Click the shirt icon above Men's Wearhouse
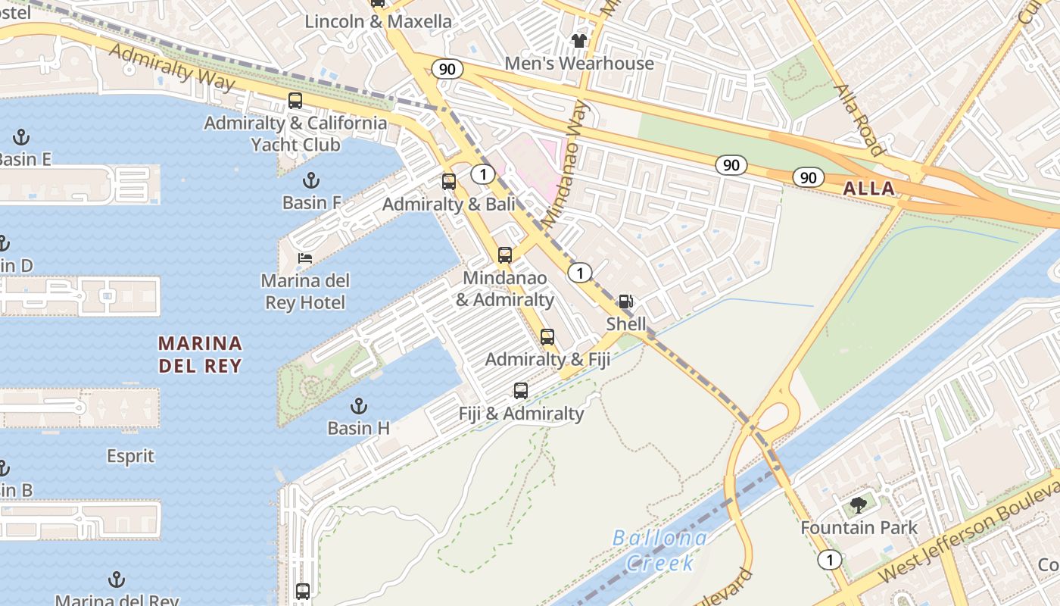(579, 41)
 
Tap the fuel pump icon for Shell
(625, 301)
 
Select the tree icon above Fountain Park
(859, 504)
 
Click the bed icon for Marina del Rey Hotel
(304, 259)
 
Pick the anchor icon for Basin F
(310, 180)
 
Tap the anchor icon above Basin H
(358, 405)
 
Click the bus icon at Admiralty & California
(295, 100)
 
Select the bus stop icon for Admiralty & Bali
(449, 182)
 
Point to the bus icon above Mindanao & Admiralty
(505, 255)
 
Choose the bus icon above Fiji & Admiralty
(521, 391)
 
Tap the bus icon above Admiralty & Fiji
(547, 337)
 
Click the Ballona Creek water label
(659, 551)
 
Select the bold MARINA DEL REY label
(200, 355)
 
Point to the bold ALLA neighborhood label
(869, 189)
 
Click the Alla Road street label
(859, 119)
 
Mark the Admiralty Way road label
(173, 67)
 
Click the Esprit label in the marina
(130, 456)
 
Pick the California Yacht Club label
(295, 144)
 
